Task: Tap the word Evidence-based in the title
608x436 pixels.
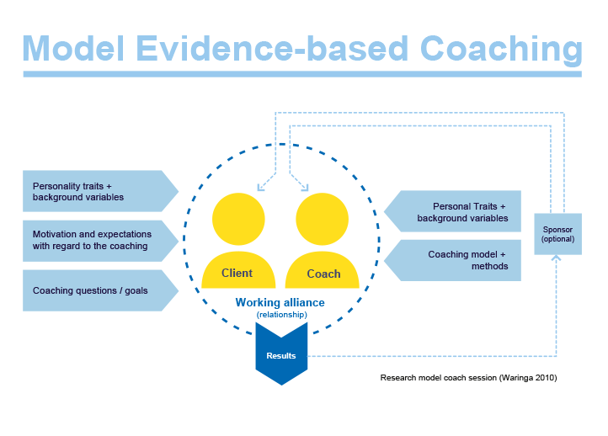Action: (x=283, y=49)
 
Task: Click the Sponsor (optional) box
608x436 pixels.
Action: (x=557, y=233)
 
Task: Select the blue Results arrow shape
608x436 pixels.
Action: (x=281, y=358)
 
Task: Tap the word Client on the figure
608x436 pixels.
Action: (x=237, y=273)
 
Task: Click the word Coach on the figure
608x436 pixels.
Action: (x=323, y=274)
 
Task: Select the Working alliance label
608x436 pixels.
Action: (x=280, y=302)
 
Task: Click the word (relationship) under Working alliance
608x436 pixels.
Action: (x=281, y=315)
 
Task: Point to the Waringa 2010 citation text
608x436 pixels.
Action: (x=468, y=378)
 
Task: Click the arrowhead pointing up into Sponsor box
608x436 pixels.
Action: (x=556, y=259)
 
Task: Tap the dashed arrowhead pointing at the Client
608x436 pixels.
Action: (x=262, y=184)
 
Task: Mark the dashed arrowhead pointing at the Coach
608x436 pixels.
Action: (x=301, y=183)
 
